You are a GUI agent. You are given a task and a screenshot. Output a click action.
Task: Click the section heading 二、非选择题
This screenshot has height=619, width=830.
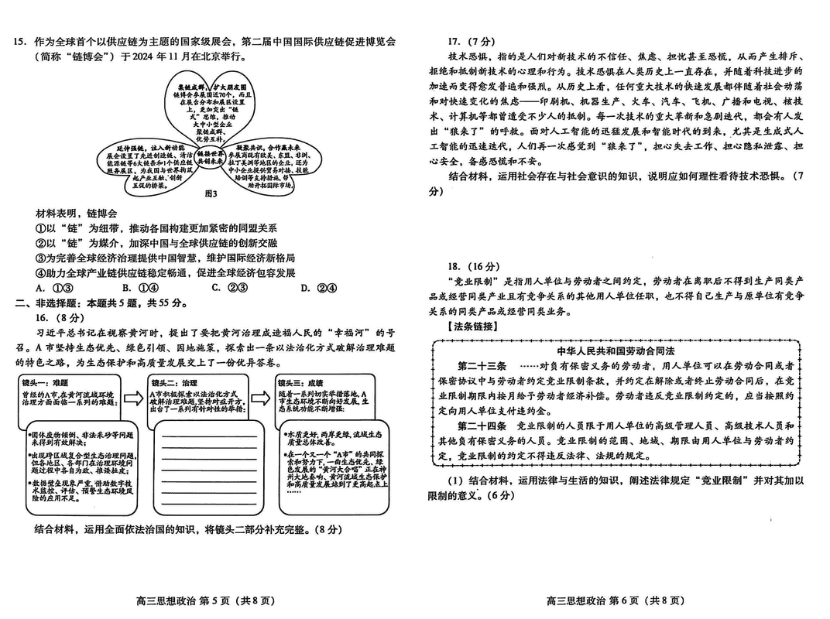click(47, 303)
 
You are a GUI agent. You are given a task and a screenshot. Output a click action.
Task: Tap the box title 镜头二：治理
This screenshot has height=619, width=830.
click(175, 382)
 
